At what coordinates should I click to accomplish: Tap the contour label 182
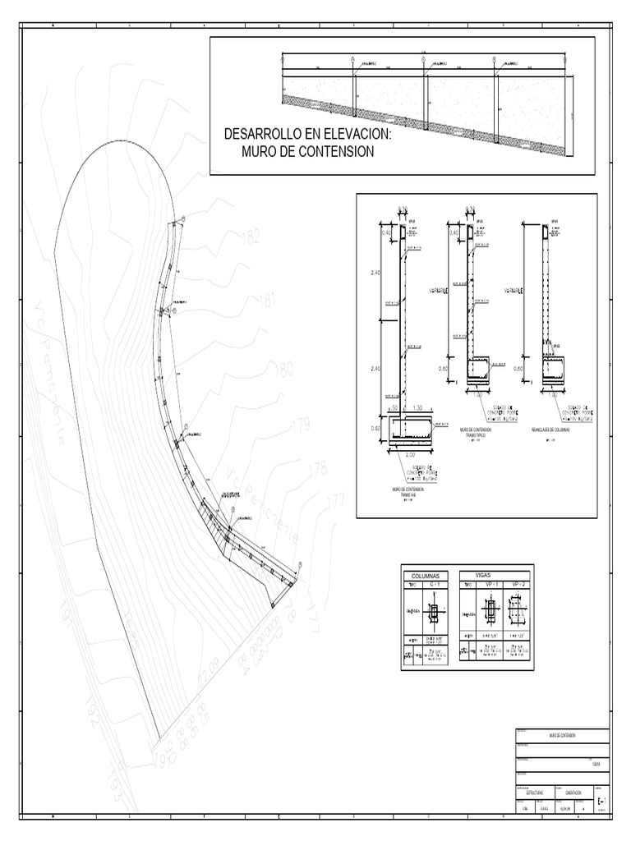pyautogui.click(x=251, y=238)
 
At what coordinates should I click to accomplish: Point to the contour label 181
pyautogui.click(x=268, y=301)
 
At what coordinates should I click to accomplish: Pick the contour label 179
pyautogui.click(x=301, y=425)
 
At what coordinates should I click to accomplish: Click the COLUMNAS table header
pyautogui.click(x=426, y=577)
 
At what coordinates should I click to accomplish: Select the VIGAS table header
pyautogui.click(x=494, y=576)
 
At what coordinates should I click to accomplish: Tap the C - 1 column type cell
pyautogui.click(x=434, y=585)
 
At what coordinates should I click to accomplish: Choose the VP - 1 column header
pyautogui.click(x=490, y=585)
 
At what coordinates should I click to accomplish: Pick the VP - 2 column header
pyautogui.click(x=518, y=585)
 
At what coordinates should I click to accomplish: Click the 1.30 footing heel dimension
pyautogui.click(x=417, y=407)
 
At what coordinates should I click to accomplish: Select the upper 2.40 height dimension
pyautogui.click(x=375, y=273)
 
